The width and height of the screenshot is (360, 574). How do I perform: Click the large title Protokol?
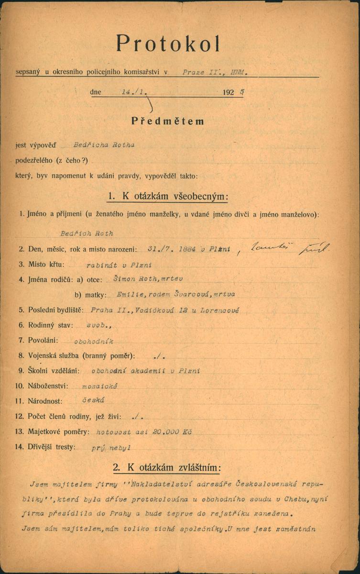pyautogui.click(x=168, y=44)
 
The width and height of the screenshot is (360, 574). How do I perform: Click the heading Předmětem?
pyautogui.click(x=168, y=121)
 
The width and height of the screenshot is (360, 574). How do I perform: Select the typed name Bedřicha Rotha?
pyautogui.click(x=103, y=144)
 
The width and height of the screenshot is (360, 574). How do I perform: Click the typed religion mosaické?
pyautogui.click(x=100, y=386)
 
